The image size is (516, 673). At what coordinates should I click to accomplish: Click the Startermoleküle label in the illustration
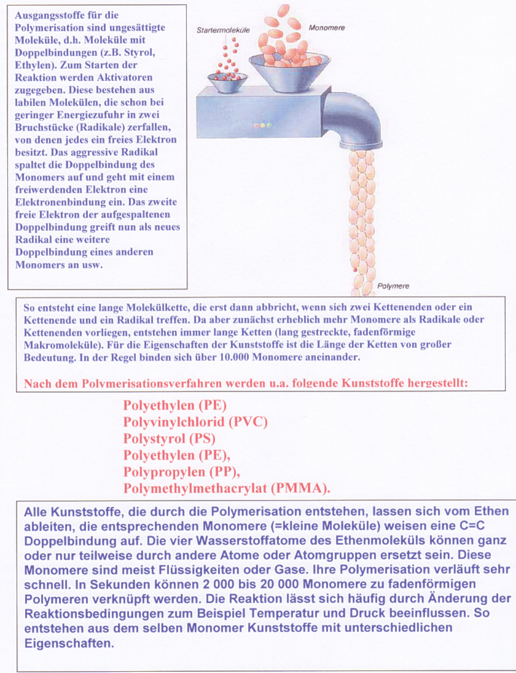point(223,29)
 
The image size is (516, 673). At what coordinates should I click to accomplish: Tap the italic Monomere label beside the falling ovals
point(327,28)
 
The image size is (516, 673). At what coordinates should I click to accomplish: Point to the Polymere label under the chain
point(393,286)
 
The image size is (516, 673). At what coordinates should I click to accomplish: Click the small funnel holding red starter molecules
point(227,80)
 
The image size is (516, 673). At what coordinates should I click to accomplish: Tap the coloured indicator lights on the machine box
point(262,125)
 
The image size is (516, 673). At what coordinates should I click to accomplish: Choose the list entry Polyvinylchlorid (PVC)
point(195,422)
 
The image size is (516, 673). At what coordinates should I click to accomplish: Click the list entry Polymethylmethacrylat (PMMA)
point(227,488)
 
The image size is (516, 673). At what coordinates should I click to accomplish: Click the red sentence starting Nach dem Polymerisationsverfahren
point(246,383)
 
